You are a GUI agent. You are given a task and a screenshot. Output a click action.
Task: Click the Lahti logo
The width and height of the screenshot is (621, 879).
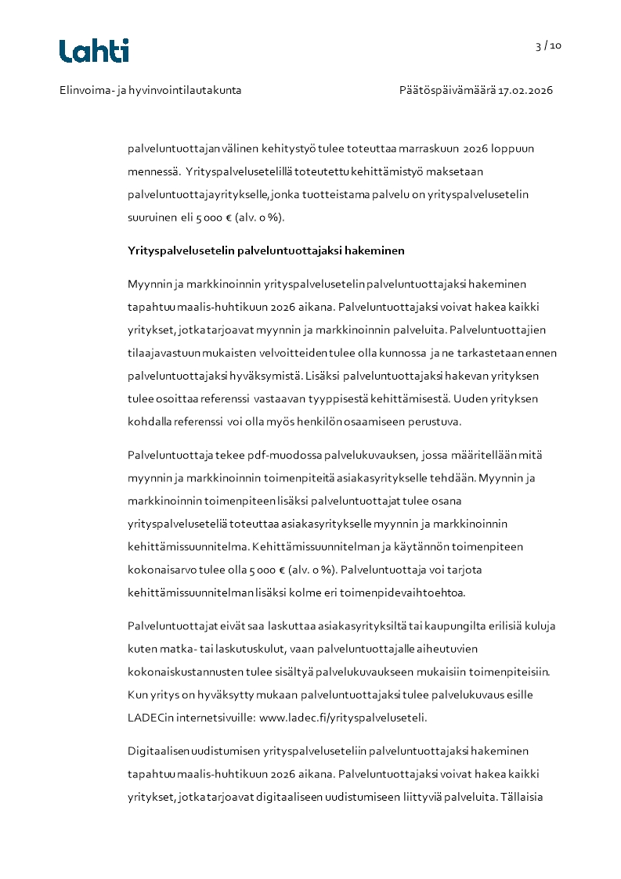[94, 51]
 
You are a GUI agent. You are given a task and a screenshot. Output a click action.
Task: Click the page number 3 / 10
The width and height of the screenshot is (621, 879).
[548, 45]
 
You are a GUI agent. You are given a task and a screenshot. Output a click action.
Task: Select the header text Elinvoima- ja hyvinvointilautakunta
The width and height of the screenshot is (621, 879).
[150, 90]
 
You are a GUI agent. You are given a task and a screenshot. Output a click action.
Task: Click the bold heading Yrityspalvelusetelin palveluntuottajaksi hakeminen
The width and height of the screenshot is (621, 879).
[265, 250]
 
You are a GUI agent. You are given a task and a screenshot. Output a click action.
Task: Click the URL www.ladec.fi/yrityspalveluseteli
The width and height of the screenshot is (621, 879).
[342, 717]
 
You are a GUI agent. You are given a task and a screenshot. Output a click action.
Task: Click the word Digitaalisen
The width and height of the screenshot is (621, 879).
[157, 751]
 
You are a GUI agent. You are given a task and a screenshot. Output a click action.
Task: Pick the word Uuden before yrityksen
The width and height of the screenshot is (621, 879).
[469, 398]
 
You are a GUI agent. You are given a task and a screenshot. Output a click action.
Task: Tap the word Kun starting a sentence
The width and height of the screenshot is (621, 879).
[138, 694]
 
